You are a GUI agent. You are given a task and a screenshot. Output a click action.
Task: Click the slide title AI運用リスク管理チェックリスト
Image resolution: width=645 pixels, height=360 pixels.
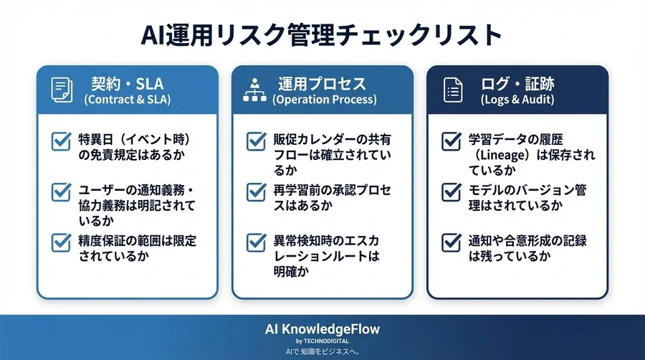[x=322, y=34]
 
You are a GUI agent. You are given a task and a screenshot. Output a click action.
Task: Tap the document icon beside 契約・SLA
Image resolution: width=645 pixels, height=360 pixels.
[x=62, y=90]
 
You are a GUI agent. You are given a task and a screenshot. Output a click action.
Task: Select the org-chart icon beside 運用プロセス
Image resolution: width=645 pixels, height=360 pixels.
[x=255, y=90]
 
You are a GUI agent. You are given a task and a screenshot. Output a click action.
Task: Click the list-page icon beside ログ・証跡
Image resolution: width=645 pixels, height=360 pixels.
[x=453, y=90]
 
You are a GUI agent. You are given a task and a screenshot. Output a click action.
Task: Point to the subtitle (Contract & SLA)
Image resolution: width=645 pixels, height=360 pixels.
[x=128, y=100]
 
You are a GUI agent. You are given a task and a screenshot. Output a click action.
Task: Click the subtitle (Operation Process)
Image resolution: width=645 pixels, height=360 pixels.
[x=324, y=100]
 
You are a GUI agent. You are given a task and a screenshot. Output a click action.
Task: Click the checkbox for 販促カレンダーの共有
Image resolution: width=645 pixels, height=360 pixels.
[x=256, y=141]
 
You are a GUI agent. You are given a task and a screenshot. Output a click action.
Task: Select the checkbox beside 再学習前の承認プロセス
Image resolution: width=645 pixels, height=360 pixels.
[x=256, y=192]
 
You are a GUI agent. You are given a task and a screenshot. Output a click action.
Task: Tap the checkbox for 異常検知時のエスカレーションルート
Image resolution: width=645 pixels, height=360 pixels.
[x=256, y=242]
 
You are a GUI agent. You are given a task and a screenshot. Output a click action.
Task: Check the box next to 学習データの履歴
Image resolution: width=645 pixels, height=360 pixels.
[x=451, y=141]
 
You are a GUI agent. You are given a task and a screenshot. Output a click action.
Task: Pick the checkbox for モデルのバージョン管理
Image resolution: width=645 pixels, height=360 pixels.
[x=451, y=192]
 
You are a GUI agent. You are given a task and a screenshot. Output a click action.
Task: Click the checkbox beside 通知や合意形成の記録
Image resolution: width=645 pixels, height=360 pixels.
[x=451, y=242]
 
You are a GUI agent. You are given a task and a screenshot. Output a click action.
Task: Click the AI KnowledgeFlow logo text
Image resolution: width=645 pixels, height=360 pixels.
[x=322, y=329]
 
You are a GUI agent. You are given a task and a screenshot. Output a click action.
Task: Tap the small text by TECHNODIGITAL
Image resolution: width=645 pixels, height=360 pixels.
[x=322, y=341]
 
